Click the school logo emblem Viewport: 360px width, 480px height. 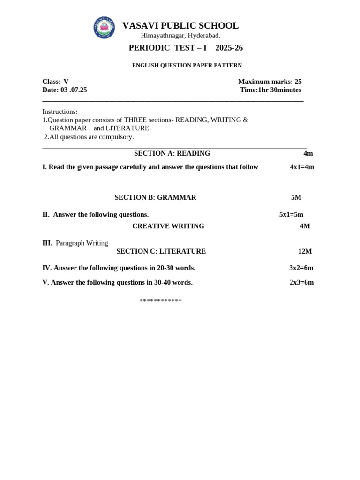click(x=104, y=28)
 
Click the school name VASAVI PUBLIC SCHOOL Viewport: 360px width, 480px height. click(x=180, y=26)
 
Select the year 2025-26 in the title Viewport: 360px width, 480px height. click(x=229, y=48)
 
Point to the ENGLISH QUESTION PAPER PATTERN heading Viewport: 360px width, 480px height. click(x=187, y=66)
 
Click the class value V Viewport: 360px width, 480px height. click(x=66, y=82)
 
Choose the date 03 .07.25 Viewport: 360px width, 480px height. click(x=74, y=90)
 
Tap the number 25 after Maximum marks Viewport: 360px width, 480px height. click(x=298, y=82)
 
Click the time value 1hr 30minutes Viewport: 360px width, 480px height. click(x=280, y=90)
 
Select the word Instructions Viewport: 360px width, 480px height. click(x=60, y=112)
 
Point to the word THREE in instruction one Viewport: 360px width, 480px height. click(x=135, y=120)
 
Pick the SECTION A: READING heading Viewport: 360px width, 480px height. click(x=172, y=153)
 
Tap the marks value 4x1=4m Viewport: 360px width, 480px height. click(x=302, y=167)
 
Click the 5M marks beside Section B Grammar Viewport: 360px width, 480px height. click(x=296, y=198)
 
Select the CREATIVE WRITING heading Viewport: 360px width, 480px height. click(x=168, y=226)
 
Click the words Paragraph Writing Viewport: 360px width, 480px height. click(x=82, y=243)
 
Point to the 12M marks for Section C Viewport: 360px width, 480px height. click(x=305, y=251)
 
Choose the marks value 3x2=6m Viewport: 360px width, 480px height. click(x=301, y=268)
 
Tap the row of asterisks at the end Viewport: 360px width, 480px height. click(x=160, y=300)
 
